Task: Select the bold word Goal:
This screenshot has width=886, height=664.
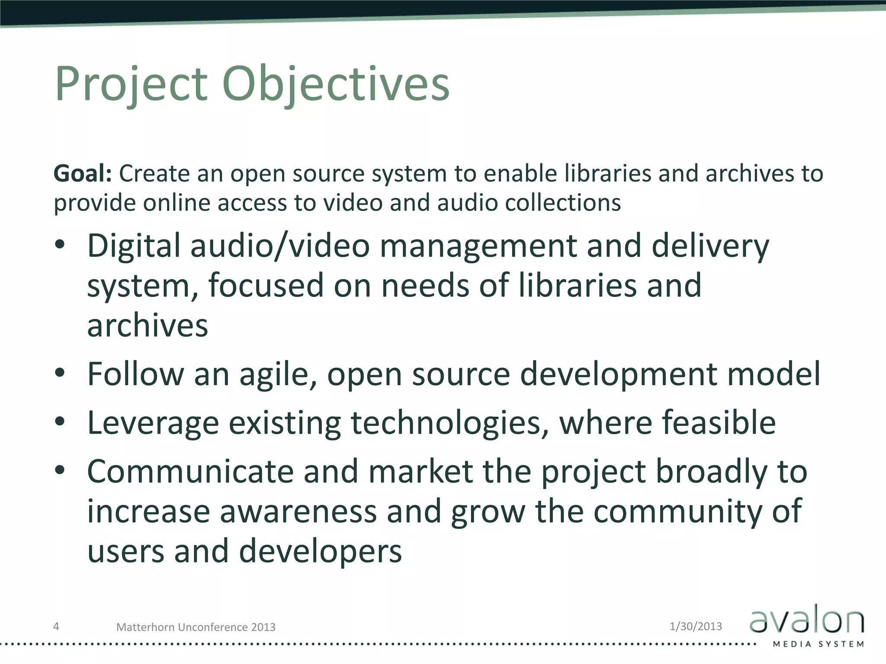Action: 83,174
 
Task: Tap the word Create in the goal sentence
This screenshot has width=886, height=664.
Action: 154,174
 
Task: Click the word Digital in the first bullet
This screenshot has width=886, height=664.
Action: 134,246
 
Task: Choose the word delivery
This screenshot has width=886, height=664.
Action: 710,246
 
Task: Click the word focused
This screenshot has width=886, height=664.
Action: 266,285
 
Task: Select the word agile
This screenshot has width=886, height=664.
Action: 277,374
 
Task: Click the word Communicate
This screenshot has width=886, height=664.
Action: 190,471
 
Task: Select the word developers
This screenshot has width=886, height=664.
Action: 320,552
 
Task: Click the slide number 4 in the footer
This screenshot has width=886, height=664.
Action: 56,626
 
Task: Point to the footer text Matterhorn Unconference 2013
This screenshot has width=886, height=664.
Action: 196,627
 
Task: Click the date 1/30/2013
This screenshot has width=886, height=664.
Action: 696,626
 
